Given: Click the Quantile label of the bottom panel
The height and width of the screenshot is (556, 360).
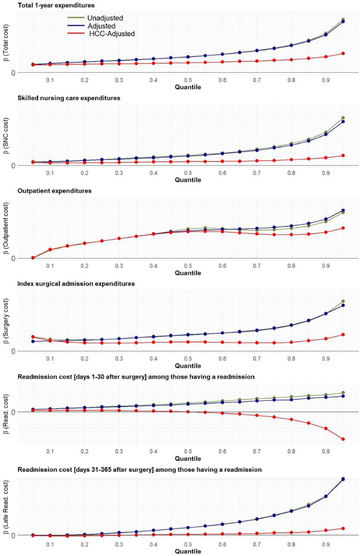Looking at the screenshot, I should [x=188, y=551].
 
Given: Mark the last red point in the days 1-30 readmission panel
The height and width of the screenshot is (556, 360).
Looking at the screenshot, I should [x=343, y=439].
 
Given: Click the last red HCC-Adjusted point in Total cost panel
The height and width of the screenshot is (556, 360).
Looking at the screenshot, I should [x=343, y=53].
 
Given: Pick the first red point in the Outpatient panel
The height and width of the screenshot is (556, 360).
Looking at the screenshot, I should [x=33, y=258].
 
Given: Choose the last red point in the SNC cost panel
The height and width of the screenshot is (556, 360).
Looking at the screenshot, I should [x=343, y=155].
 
